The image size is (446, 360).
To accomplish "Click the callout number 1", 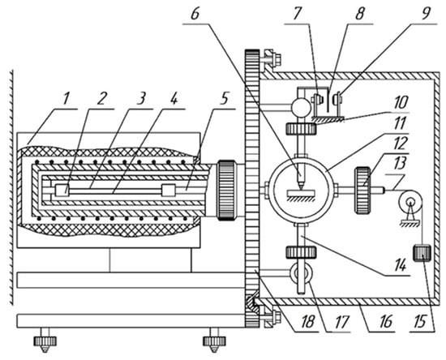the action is click(66, 99).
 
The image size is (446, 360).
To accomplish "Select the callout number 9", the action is click(425, 13).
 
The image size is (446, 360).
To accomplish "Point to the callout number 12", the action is click(401, 144).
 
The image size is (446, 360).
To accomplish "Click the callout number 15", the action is click(420, 322).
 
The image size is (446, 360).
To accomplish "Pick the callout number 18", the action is click(308, 322).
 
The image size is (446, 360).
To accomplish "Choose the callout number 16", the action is click(386, 322).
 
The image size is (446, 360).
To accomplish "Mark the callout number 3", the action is click(141, 99).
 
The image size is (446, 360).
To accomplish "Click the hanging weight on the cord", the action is click(422, 253).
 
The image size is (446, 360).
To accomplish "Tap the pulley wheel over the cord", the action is click(410, 203).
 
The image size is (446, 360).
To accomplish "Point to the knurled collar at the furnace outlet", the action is click(226, 191).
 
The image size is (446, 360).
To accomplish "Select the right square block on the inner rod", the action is click(168, 191).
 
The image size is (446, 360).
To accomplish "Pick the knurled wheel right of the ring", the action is click(362, 190).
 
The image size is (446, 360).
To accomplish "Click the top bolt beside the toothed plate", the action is click(272, 57).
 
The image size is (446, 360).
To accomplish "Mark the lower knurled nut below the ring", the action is click(301, 252).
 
